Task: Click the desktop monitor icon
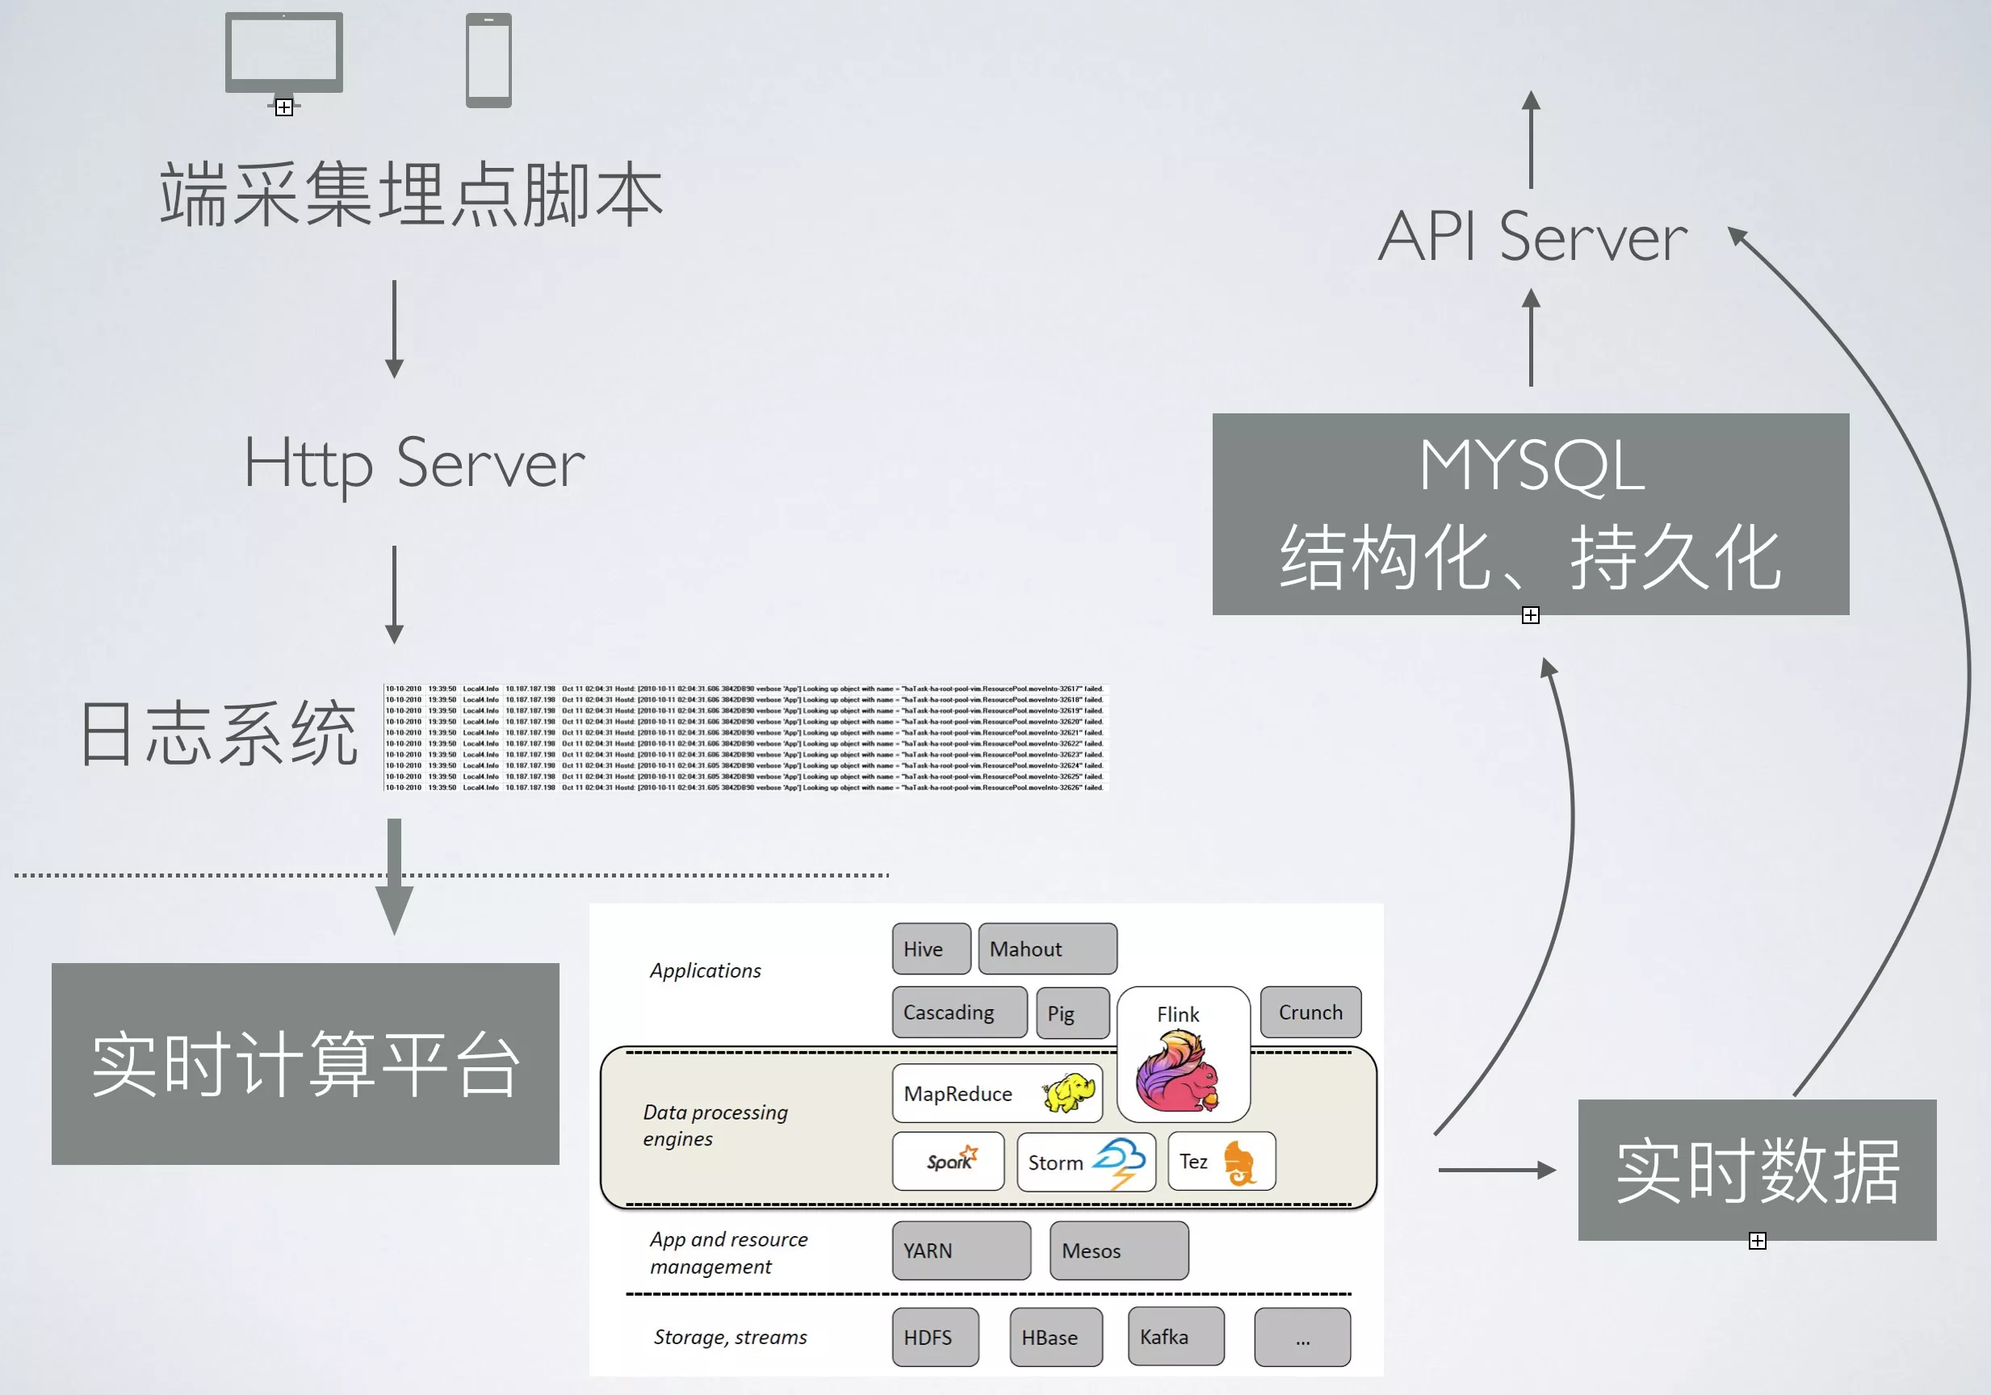tap(283, 54)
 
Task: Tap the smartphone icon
tap(488, 60)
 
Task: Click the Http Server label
tap(414, 465)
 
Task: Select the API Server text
tap(1532, 237)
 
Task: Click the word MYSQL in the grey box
tap(1532, 467)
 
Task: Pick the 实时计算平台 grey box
tap(305, 1063)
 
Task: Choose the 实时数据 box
tap(1757, 1171)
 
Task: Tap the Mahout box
tap(1046, 949)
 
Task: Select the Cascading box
tap(959, 1012)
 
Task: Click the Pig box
tap(1073, 1012)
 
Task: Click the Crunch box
tap(1310, 1012)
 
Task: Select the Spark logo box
tap(948, 1161)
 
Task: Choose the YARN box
tap(961, 1250)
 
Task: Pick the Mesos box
tap(1119, 1250)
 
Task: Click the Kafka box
tap(1176, 1337)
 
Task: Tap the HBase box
tap(1055, 1337)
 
